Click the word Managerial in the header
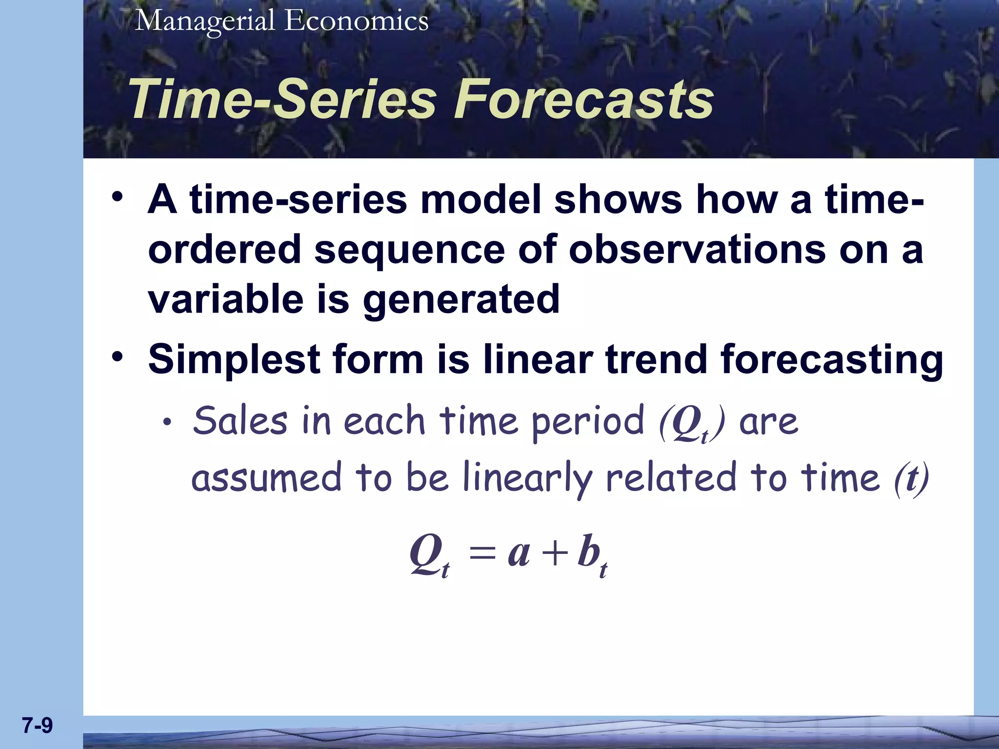(205, 21)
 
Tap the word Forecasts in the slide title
(583, 100)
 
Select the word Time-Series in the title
(282, 100)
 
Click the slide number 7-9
(37, 726)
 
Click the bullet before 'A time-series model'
(117, 197)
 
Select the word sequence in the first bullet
(409, 250)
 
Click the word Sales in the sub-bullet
(240, 421)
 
